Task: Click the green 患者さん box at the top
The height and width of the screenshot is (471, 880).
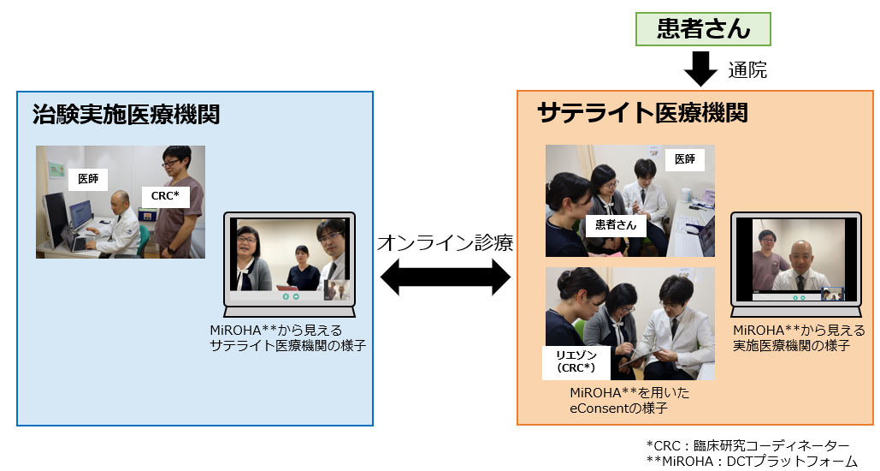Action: (703, 28)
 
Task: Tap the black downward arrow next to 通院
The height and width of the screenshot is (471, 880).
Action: (701, 69)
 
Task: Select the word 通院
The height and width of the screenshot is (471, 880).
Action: (747, 70)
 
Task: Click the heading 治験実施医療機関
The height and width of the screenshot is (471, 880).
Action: (126, 114)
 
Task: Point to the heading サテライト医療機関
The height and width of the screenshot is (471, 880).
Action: (642, 112)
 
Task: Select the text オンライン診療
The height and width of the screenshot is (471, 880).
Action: (445, 242)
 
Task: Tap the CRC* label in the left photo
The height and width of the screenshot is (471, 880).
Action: (165, 195)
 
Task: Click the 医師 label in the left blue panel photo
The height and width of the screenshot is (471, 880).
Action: (88, 179)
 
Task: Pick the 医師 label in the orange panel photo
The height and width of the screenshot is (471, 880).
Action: (684, 159)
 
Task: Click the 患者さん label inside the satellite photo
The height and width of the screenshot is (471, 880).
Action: (617, 226)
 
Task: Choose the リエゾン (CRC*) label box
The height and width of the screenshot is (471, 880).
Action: (576, 361)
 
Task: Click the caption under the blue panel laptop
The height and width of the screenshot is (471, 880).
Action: (282, 337)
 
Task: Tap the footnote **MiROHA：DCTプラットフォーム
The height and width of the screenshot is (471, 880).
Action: (752, 462)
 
